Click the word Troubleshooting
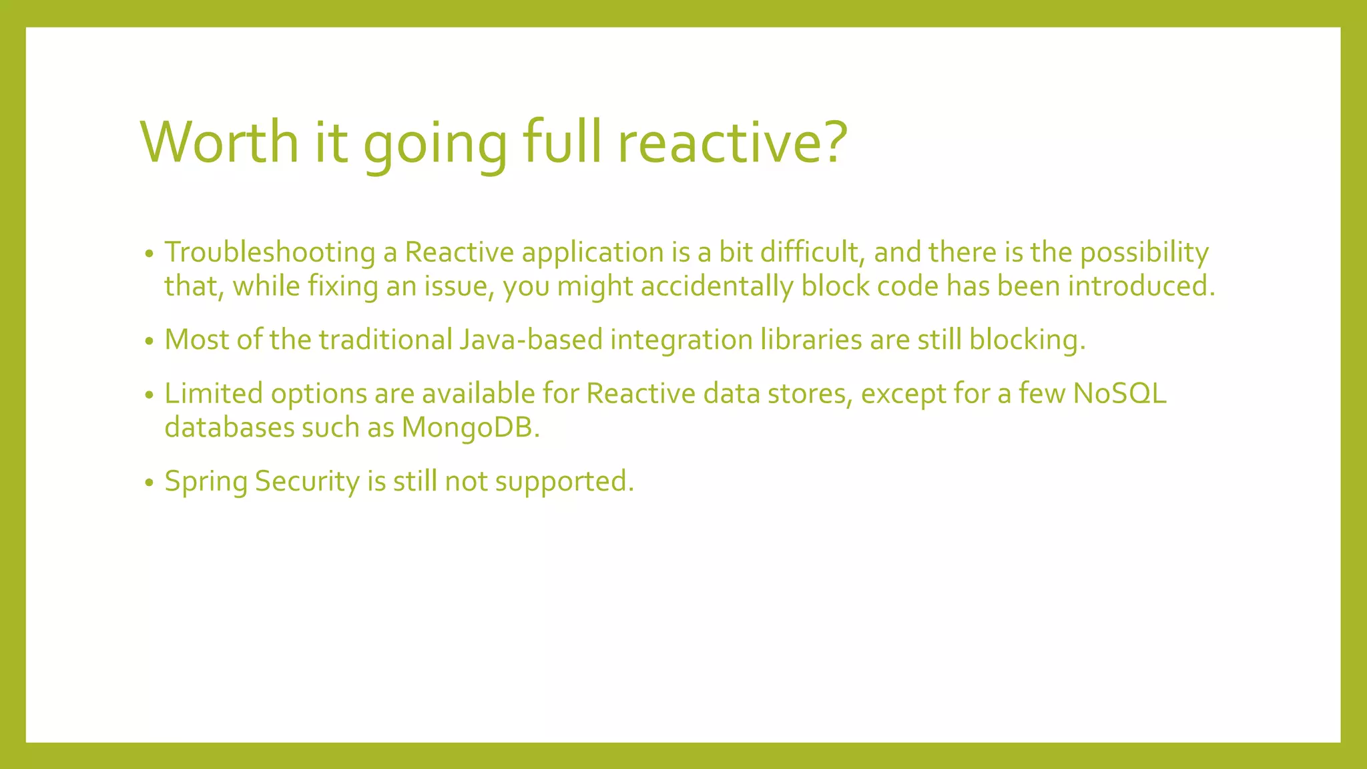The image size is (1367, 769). coord(270,253)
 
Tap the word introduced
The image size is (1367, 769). coord(1141,286)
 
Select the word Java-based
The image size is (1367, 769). coord(531,340)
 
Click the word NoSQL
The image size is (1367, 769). coord(1119,394)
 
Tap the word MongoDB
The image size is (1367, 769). coord(470,428)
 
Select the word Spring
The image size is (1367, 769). coord(206,482)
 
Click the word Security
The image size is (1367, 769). coord(307,482)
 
